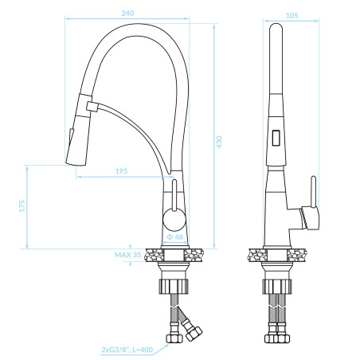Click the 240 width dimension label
[x=127, y=14]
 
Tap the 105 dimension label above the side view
[x=292, y=16]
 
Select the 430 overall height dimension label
[x=219, y=142]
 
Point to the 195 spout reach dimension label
[x=121, y=171]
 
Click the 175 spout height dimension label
[x=22, y=206]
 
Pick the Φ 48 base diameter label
[x=175, y=237]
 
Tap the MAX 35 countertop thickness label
[x=127, y=255]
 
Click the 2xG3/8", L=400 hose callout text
[x=127, y=350]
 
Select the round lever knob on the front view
[x=174, y=219]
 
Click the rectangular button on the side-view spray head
[x=276, y=138]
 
